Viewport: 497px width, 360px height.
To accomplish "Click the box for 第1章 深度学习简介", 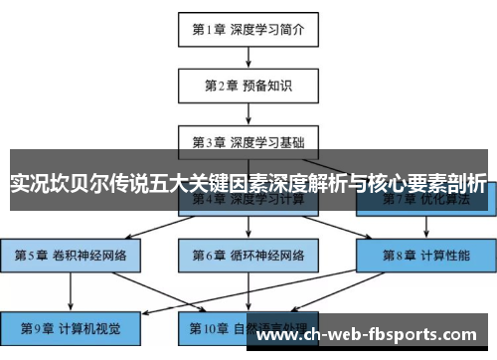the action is pyautogui.click(x=248, y=31).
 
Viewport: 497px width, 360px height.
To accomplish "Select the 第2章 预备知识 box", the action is pyautogui.click(x=248, y=87).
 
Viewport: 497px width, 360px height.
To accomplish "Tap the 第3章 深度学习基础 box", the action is pyautogui.click(x=248, y=141).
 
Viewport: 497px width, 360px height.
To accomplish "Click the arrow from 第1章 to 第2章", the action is pyautogui.click(x=248, y=58).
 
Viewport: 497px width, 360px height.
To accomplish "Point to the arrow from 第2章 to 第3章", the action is pyautogui.click(x=248, y=113).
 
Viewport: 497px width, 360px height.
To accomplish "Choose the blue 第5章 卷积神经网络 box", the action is pyautogui.click(x=70, y=256).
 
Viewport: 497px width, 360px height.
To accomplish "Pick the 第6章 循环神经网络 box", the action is pyautogui.click(x=248, y=256).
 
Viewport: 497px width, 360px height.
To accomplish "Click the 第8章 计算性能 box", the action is pyautogui.click(x=426, y=256).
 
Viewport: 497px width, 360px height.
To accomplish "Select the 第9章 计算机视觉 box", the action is pyautogui.click(x=70, y=327).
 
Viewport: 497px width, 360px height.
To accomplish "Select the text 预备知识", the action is pyautogui.click(x=266, y=87).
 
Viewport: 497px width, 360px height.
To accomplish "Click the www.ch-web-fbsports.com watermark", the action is pyautogui.click(x=373, y=334).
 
